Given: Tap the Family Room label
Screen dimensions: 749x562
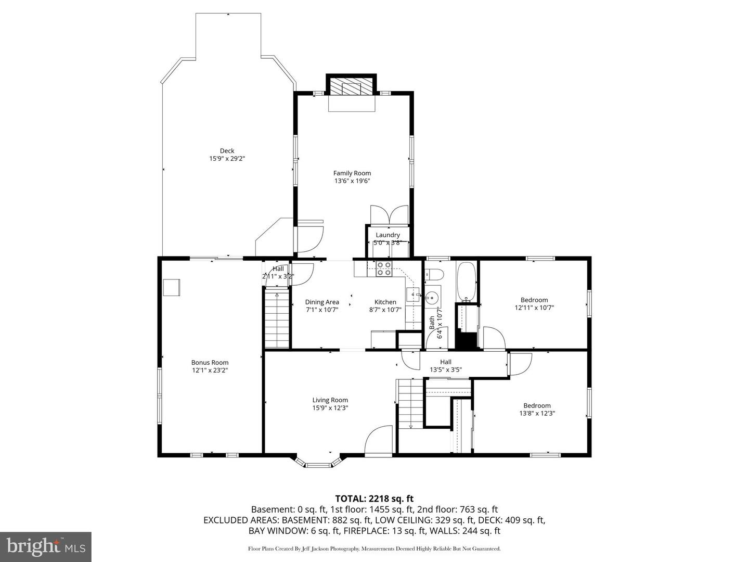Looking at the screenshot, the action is click(x=352, y=173).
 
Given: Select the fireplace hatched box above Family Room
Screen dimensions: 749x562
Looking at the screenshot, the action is click(x=351, y=88).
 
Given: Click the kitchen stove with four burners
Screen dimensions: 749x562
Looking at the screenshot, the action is click(x=384, y=269).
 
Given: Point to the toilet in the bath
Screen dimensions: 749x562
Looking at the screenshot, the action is click(x=434, y=274).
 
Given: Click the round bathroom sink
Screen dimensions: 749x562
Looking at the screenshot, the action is click(x=432, y=298).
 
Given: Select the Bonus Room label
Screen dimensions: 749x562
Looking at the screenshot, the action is click(x=210, y=362).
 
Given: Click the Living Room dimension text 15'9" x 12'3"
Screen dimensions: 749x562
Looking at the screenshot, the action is click(x=330, y=408).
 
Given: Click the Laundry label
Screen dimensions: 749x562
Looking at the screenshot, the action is click(x=388, y=235).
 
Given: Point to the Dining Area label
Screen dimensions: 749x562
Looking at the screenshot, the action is click(x=322, y=302).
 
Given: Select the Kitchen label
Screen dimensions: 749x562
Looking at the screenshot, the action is click(x=385, y=302).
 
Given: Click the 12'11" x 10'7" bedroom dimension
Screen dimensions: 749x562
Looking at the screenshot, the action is click(x=534, y=308).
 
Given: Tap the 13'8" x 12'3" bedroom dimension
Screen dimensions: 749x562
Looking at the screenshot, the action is click(x=537, y=413).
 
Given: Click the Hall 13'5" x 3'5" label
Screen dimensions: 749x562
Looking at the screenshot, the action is click(x=446, y=365).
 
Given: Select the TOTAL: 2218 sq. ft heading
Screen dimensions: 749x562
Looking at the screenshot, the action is click(x=374, y=499).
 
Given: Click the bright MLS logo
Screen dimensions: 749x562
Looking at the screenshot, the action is click(x=46, y=546).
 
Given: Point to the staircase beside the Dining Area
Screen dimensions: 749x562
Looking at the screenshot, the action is click(x=277, y=318).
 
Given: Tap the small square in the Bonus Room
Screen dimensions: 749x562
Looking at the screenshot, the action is click(x=171, y=287).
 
